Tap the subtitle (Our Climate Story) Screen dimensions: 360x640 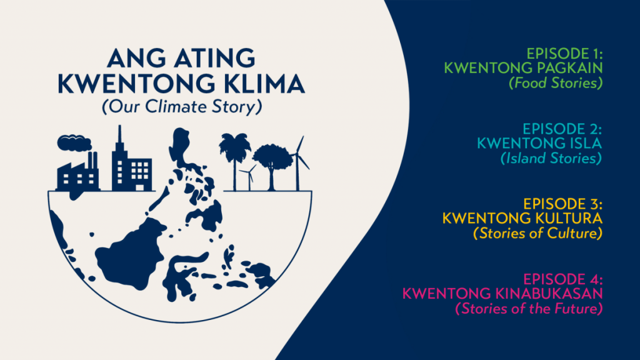(181, 107)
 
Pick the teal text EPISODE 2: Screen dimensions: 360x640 (562, 129)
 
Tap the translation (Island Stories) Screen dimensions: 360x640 (551, 159)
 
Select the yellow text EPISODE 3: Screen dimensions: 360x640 (562, 204)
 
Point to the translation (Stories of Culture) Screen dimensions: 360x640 (538, 234)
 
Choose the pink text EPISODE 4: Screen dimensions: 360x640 (562, 279)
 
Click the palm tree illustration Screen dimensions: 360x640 (234, 156)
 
